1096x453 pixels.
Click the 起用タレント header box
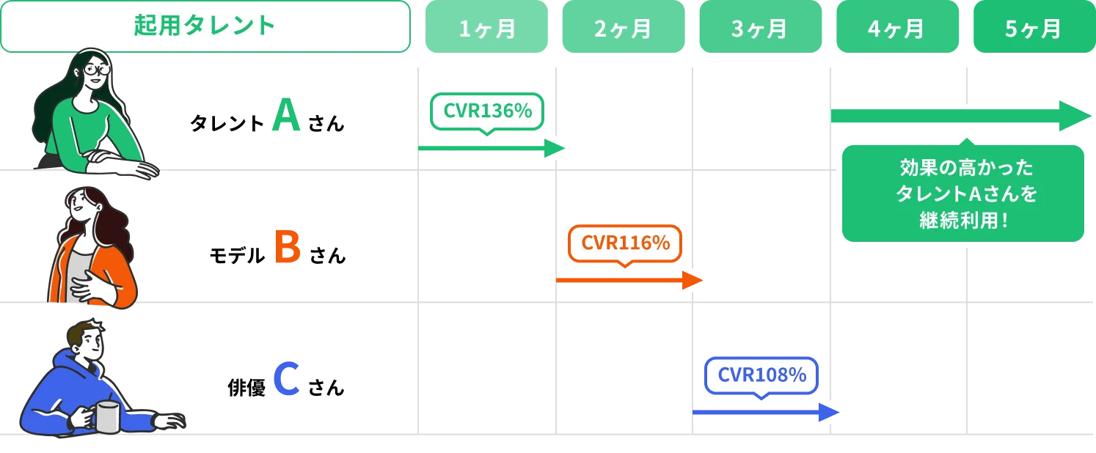click(205, 26)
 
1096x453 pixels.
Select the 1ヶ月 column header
click(486, 27)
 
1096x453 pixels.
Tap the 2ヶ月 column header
click(622, 27)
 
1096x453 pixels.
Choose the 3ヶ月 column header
click(759, 27)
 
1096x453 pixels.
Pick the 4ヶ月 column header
click(896, 27)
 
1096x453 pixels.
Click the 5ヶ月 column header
click(1033, 27)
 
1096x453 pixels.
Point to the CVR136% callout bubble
click(487, 112)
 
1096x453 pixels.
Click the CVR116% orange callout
click(625, 243)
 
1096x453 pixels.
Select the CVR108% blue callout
click(761, 375)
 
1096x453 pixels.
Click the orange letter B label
click(288, 247)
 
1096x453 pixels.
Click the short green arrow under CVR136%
click(492, 148)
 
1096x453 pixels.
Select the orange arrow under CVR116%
click(627, 280)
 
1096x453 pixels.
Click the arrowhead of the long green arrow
click(1075, 116)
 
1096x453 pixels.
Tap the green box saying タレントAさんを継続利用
click(962, 194)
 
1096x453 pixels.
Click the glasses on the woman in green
click(95, 70)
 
